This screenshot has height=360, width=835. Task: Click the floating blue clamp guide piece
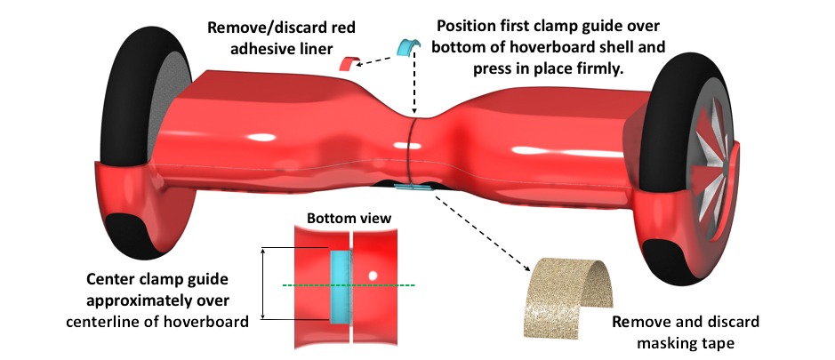pos(408,46)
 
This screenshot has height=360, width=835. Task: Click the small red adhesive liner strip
pos(346,62)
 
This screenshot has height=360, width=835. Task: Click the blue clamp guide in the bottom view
pos(340,284)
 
